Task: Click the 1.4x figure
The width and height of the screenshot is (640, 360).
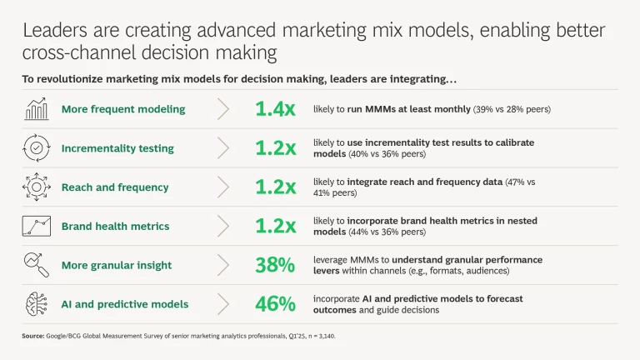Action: [274, 109]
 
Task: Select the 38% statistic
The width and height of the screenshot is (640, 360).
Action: [274, 265]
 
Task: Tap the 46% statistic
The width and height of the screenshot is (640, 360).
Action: [274, 304]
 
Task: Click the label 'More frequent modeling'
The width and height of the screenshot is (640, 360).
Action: [123, 109]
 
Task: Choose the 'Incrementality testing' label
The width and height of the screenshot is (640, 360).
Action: [117, 148]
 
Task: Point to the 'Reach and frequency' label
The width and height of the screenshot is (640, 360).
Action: [115, 187]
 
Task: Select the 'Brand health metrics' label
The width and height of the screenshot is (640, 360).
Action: [115, 226]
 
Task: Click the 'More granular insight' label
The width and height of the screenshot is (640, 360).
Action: [117, 265]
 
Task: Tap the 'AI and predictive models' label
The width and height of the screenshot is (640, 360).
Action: [125, 304]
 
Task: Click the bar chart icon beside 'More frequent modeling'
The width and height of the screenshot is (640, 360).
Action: [36, 109]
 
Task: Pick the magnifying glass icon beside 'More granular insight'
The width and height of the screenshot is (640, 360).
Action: [36, 265]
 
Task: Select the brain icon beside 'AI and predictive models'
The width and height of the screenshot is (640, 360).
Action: [36, 304]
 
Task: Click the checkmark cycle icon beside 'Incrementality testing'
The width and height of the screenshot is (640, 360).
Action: [36, 148]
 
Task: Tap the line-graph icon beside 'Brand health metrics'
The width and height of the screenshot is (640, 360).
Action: [36, 226]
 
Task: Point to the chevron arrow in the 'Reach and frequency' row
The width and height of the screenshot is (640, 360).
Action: [223, 187]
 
